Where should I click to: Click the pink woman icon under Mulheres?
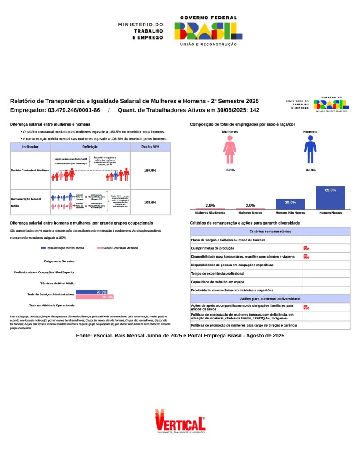[x=230, y=149]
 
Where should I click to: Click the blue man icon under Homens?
[x=310, y=149]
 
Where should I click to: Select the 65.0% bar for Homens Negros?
[x=331, y=198]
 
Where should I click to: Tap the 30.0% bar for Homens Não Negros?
[x=290, y=204]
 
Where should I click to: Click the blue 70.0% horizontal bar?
[x=91, y=292]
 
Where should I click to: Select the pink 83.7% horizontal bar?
[x=95, y=297]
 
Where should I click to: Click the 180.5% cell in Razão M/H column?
[x=150, y=171]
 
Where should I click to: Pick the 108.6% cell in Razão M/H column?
[x=150, y=203]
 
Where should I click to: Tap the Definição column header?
[x=90, y=147]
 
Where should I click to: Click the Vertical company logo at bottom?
[x=180, y=421]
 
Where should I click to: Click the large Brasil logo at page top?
[x=208, y=31]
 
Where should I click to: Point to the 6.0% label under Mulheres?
[x=230, y=170]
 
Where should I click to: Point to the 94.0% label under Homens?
[x=310, y=170]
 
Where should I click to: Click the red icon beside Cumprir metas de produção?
[x=306, y=248]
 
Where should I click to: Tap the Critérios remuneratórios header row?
[x=270, y=231]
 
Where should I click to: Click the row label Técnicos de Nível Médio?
[x=57, y=283]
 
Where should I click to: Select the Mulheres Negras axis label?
[x=250, y=212]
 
